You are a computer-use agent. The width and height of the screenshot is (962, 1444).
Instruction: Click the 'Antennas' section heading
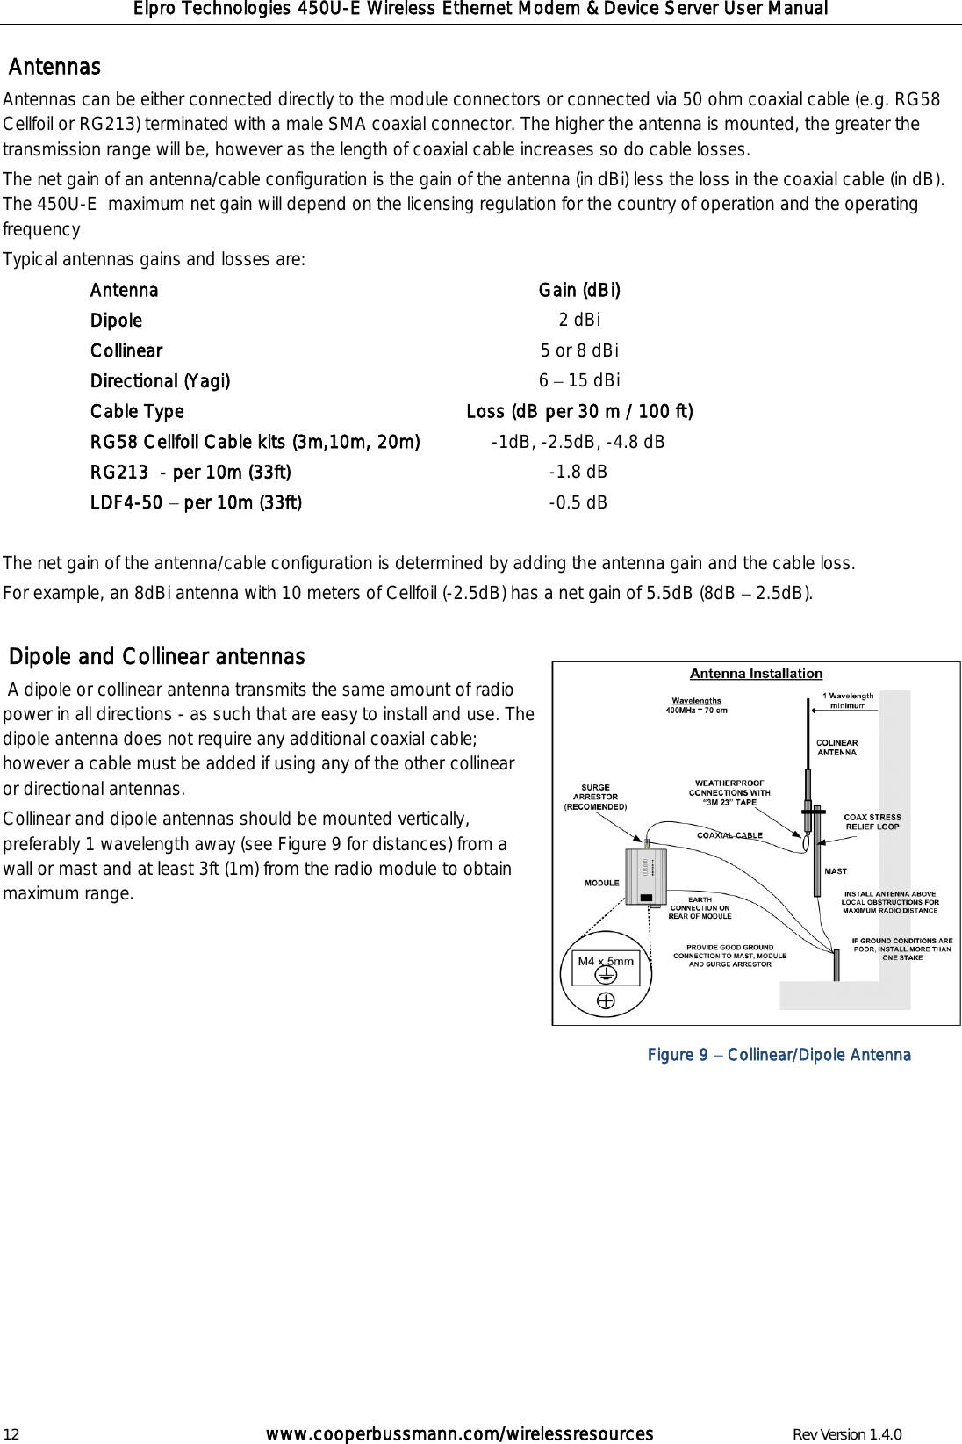coord(54,67)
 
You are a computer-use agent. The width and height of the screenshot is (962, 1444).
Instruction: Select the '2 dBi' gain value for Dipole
coord(579,320)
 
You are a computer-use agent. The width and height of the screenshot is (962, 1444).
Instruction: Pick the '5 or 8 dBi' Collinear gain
coord(579,350)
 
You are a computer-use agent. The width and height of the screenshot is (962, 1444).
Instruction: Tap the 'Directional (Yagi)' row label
coord(161,380)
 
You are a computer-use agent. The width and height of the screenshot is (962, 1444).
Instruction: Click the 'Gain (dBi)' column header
coord(579,290)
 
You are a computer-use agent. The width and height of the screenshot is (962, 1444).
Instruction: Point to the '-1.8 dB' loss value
coord(578,472)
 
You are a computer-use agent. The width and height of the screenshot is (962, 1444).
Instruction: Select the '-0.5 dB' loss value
coord(578,502)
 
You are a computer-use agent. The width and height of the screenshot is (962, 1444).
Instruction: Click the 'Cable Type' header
coord(137,411)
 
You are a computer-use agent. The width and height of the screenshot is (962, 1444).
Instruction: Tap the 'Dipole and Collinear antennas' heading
coord(157,656)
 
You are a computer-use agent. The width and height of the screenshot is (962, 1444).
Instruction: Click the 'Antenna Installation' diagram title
coord(756,674)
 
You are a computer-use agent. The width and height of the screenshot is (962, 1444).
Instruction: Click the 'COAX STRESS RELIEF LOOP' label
coord(872,821)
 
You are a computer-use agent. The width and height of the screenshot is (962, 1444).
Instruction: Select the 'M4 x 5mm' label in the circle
coord(606,961)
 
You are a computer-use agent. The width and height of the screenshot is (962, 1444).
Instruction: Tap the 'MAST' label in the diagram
coord(836,871)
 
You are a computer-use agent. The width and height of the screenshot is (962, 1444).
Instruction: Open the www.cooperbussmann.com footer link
coord(459,1434)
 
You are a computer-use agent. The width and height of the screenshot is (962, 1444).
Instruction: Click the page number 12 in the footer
coord(11,1435)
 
